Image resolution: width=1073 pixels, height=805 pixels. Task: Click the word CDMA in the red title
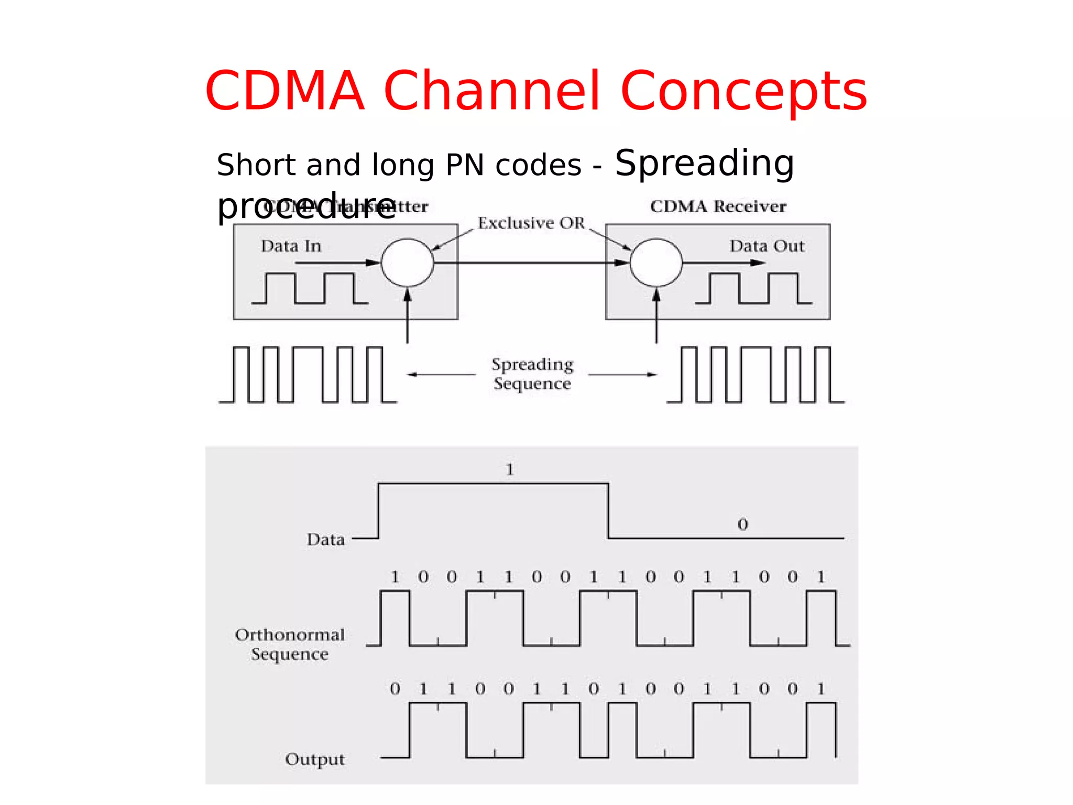pos(284,91)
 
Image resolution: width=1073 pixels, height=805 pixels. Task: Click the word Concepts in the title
pos(743,91)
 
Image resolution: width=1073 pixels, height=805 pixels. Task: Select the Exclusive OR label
pos(531,223)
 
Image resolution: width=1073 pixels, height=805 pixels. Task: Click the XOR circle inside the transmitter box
pos(407,263)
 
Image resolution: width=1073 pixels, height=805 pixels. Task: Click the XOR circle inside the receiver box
pos(656,263)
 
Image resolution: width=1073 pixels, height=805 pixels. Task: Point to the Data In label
pos(291,246)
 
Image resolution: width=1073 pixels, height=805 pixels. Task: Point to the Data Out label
pos(767,246)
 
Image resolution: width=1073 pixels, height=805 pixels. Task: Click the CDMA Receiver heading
pos(718,206)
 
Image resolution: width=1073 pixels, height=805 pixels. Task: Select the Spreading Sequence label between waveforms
pos(532,374)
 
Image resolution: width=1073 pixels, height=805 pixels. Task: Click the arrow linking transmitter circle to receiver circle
pos(529,263)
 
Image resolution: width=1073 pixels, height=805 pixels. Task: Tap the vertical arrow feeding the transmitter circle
pos(408,317)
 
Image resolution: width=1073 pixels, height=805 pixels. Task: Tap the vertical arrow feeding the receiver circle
pos(656,317)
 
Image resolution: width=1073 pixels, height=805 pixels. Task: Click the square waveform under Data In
pos(310,288)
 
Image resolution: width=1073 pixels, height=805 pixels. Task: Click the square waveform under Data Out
pos(753,288)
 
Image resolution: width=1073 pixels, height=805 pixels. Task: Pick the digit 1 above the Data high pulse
pos(510,470)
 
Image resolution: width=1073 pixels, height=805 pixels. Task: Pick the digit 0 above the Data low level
pos(742,524)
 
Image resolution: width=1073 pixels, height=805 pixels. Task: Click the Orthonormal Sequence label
pos(290,644)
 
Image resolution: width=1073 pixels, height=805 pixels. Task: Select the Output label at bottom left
pos(315,759)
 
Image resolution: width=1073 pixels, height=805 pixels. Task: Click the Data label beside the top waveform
pos(325,539)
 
